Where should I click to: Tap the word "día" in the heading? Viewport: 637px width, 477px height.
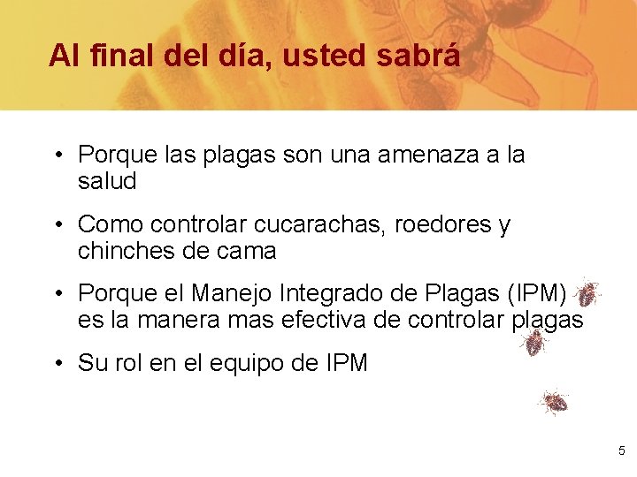click(235, 56)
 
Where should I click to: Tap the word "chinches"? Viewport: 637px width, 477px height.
click(125, 251)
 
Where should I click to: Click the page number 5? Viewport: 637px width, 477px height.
click(622, 450)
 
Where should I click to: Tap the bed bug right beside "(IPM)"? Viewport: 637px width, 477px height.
click(587, 292)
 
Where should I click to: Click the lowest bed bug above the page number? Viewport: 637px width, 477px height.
click(554, 403)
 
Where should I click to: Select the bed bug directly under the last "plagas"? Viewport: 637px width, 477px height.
click(533, 343)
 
